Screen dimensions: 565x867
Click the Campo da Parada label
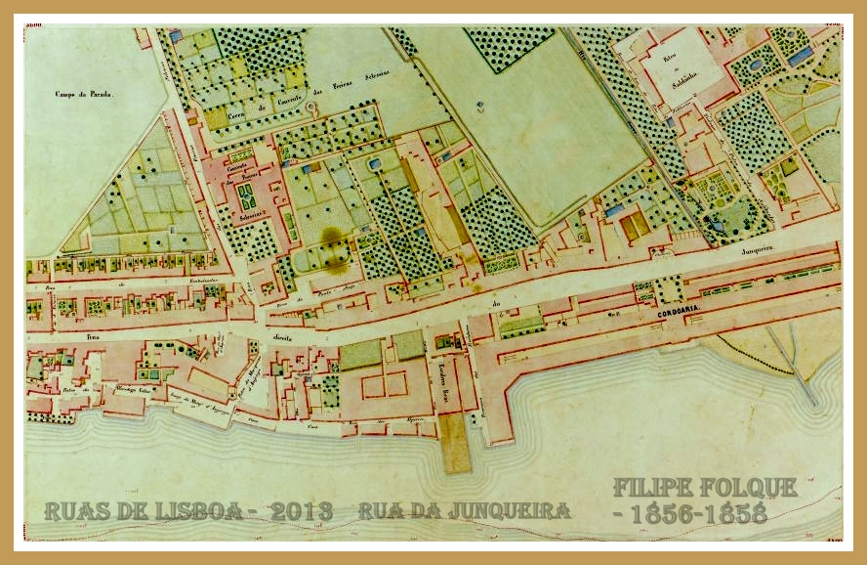(x=85, y=94)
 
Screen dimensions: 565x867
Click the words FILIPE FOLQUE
(x=704, y=487)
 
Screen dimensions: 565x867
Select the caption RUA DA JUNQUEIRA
(x=464, y=510)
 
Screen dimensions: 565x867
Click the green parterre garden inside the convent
(x=246, y=196)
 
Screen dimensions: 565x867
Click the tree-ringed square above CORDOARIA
(x=669, y=288)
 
